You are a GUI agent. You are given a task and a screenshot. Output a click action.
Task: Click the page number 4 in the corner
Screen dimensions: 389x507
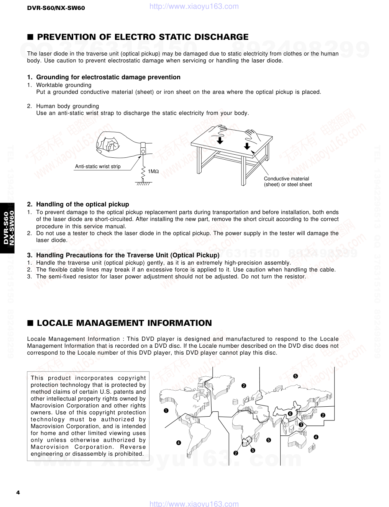[x=18, y=492]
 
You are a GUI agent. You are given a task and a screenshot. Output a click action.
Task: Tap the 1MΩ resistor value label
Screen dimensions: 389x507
[x=153, y=172]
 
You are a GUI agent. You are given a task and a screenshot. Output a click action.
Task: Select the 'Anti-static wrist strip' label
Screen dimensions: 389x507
[x=98, y=166]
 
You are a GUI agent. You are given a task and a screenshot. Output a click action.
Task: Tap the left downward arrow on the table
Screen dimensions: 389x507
[x=220, y=140]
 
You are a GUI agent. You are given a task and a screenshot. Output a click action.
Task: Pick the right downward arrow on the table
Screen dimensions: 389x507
[x=247, y=146]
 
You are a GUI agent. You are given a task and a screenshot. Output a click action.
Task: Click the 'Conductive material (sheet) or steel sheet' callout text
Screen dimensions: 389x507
[x=288, y=182]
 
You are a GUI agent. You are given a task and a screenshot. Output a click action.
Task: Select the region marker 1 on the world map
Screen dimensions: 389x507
[x=166, y=411]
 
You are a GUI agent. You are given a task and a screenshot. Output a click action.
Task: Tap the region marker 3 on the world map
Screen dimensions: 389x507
[x=301, y=425]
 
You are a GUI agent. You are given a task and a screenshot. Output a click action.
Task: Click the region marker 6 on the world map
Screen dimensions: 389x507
[x=290, y=414]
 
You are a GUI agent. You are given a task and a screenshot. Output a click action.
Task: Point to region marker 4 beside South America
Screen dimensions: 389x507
[x=179, y=443]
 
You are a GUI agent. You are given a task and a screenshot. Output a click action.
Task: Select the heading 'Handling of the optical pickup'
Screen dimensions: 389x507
[x=82, y=204]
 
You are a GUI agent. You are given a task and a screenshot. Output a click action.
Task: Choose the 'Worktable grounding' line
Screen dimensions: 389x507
[x=64, y=85]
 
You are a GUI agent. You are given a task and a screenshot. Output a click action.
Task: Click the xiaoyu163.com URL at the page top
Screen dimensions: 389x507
[x=194, y=6]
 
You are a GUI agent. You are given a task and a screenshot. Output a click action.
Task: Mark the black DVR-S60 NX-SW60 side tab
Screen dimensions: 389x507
[x=7, y=228]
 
